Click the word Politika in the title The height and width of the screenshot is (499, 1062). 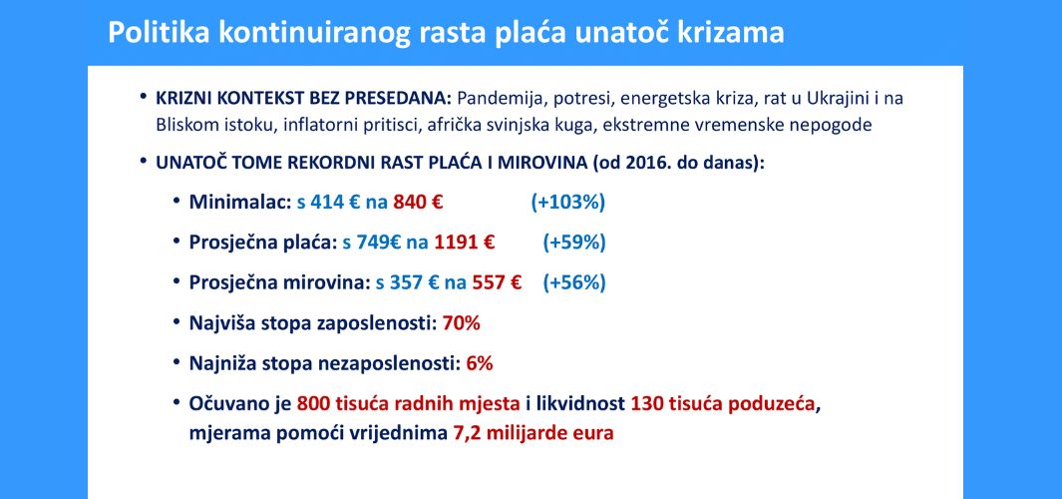159,33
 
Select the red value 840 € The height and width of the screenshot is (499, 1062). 418,202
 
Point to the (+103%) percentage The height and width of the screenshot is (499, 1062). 567,203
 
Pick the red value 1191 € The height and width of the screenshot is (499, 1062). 465,243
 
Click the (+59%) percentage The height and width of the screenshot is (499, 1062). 574,243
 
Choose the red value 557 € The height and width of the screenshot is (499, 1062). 497,282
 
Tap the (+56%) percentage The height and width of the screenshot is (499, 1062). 574,282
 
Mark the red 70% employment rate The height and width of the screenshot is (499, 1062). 462,323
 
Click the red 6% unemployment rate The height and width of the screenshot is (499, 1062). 480,363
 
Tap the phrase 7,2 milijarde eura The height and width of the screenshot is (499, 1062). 532,433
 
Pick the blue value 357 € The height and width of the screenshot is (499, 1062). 415,282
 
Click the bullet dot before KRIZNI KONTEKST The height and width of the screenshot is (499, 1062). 143,96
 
